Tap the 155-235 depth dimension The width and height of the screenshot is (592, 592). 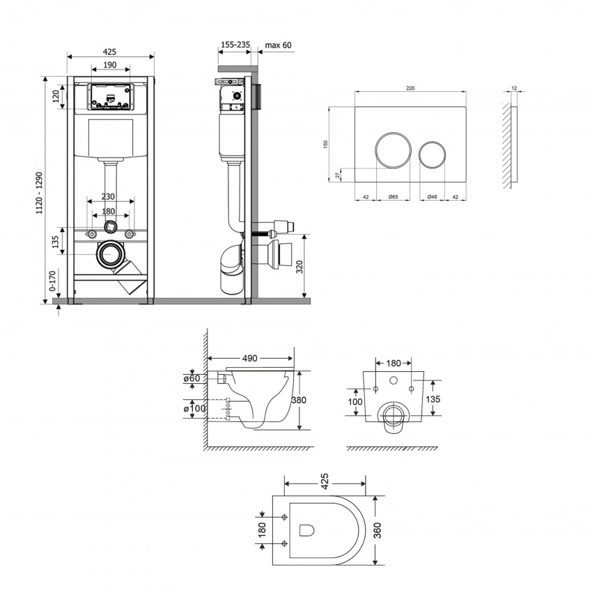(235, 45)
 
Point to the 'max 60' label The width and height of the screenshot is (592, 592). (278, 45)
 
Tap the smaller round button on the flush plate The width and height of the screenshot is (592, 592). (432, 153)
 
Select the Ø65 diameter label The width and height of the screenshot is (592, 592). (393, 197)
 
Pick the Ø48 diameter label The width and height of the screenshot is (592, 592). (432, 197)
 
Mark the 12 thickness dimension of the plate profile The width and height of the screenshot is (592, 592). (514, 88)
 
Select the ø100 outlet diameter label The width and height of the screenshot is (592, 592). (196, 408)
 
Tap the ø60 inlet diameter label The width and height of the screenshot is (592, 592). (193, 378)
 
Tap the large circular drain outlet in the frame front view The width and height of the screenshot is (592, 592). (111, 256)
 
